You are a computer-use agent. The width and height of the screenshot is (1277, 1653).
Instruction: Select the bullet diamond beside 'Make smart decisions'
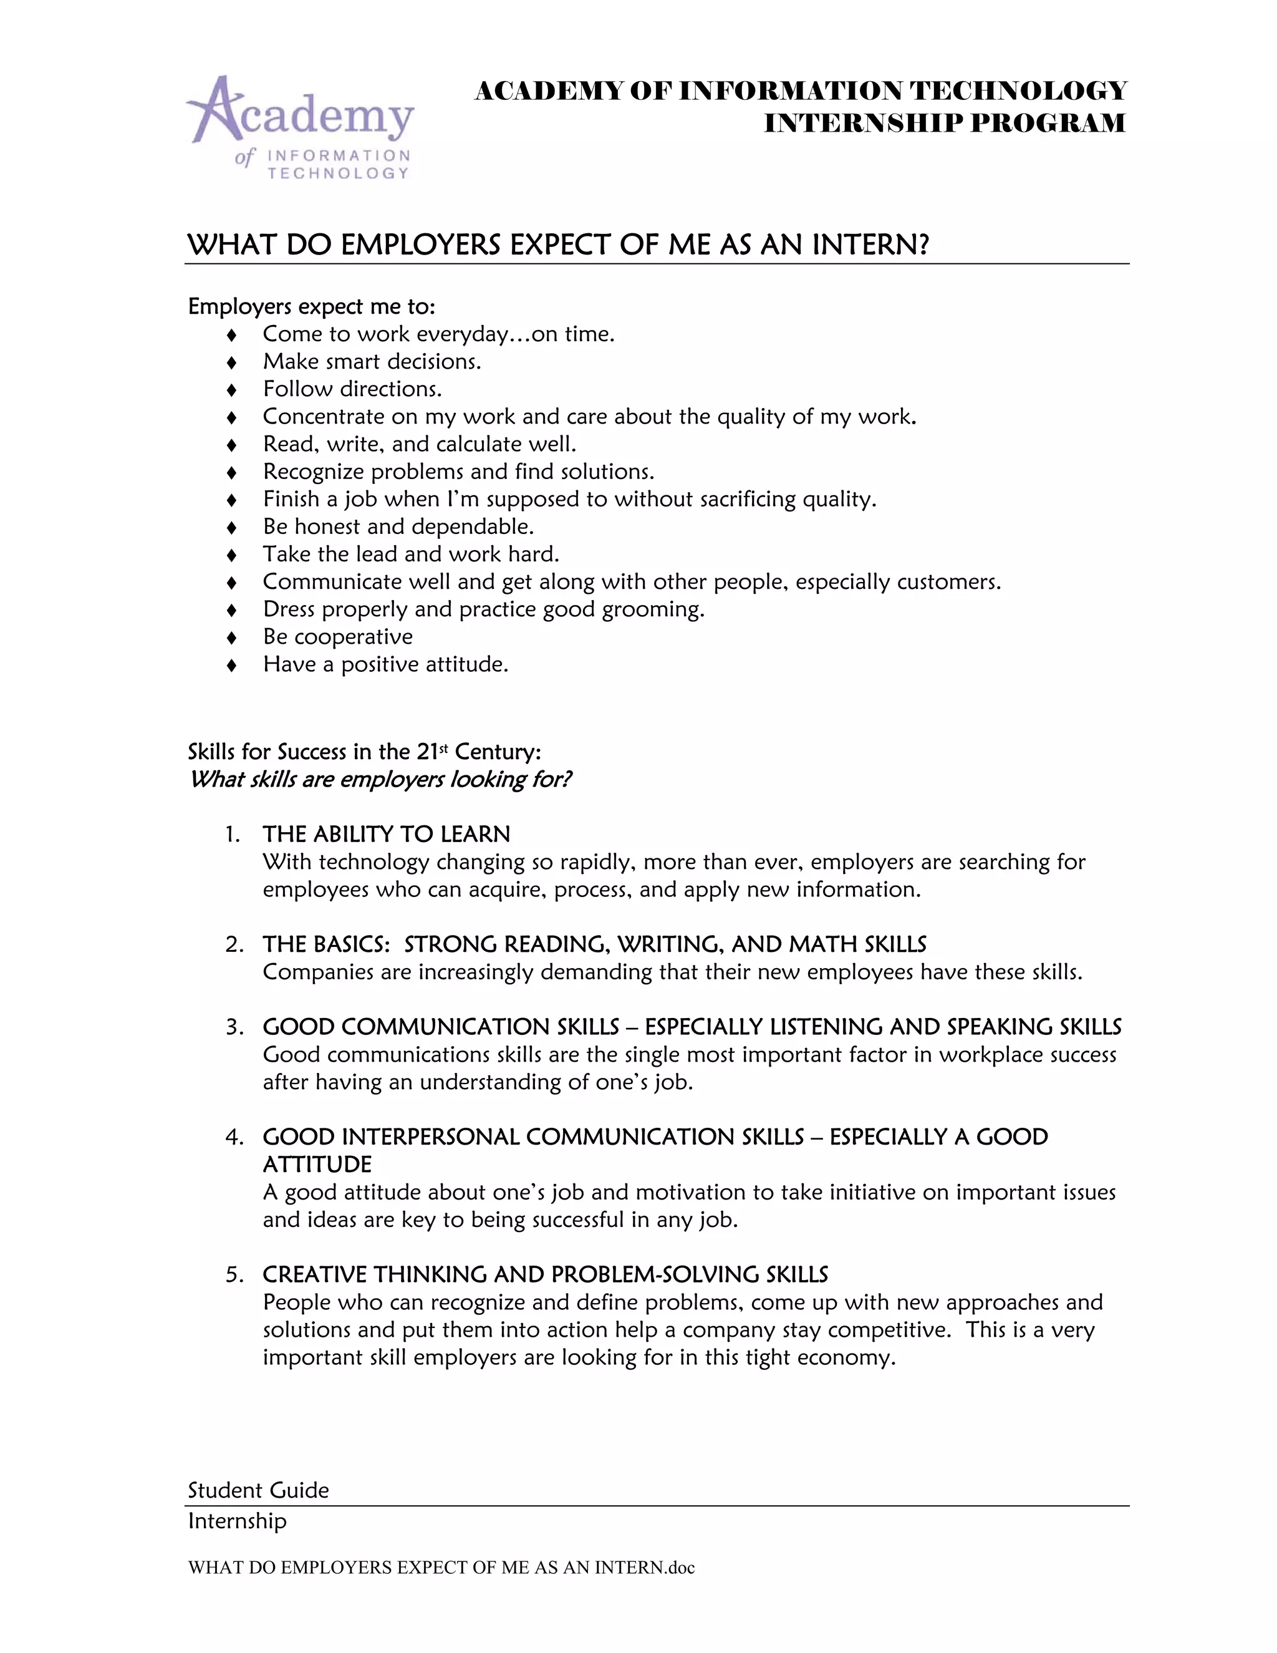(x=232, y=362)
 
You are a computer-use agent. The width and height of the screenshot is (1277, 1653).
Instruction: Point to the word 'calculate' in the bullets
(x=478, y=444)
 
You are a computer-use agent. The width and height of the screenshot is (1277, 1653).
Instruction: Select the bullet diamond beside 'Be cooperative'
(x=232, y=638)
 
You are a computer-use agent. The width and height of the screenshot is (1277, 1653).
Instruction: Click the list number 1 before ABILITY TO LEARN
(x=231, y=834)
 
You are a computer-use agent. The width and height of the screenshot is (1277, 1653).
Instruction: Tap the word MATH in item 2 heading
(x=823, y=944)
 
